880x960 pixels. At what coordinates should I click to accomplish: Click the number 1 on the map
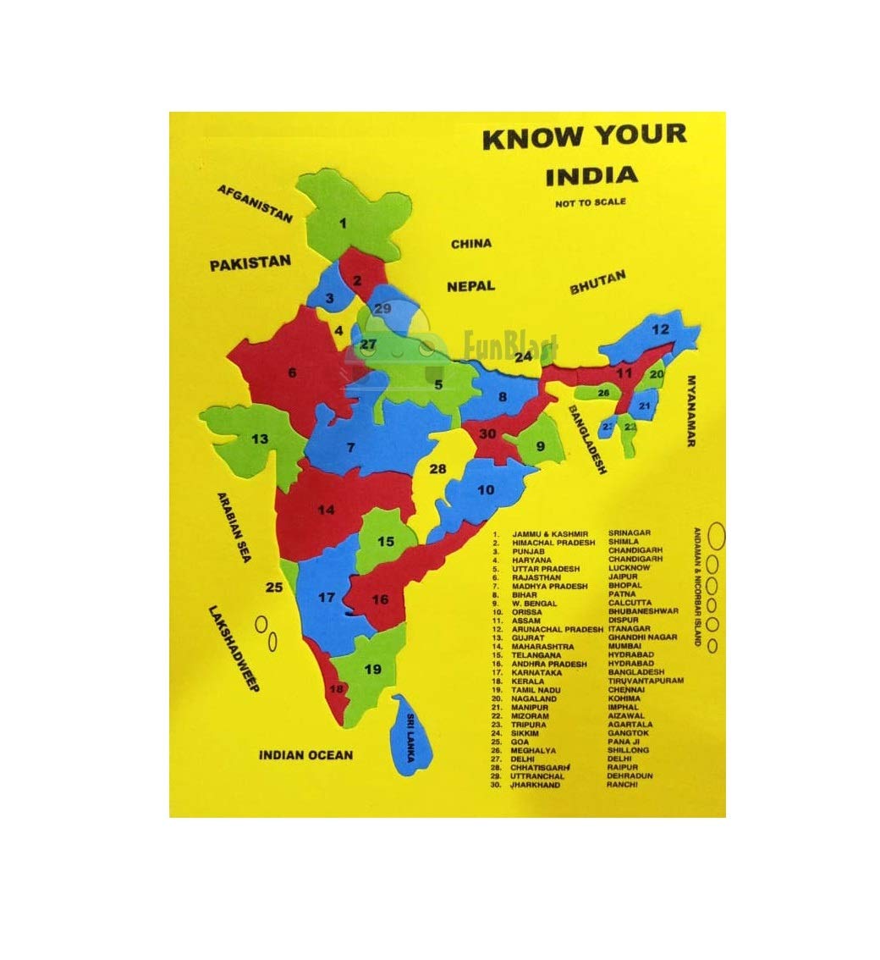[x=343, y=223]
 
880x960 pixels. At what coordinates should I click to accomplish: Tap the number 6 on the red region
[x=292, y=372]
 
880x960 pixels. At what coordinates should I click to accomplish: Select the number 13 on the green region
[x=259, y=438]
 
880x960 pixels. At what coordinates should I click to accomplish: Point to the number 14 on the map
[x=326, y=510]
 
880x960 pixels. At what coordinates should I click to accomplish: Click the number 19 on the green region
[x=373, y=669]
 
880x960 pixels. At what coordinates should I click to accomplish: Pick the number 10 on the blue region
[x=485, y=489]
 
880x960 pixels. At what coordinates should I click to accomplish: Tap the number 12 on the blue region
[x=660, y=329]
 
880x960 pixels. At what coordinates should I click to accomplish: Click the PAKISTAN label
[x=250, y=263]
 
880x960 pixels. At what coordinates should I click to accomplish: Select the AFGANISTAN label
[x=255, y=203]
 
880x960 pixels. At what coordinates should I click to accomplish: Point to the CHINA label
[x=470, y=244]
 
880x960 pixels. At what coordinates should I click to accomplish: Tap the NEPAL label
[x=470, y=286]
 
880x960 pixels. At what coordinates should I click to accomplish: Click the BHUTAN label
[x=597, y=282]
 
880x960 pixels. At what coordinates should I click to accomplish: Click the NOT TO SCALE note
[x=591, y=203]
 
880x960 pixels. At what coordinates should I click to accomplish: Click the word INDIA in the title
[x=591, y=176]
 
